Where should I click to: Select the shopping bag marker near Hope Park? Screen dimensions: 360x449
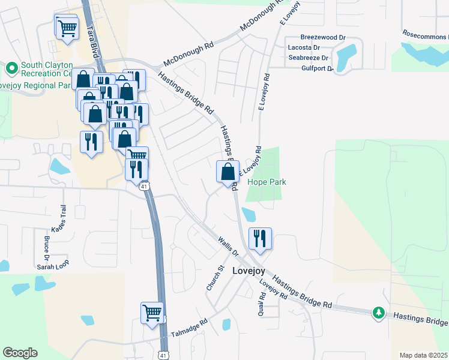(x=228, y=172)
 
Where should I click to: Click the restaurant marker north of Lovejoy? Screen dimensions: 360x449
(x=260, y=239)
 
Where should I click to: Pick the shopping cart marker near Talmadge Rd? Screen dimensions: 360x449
(x=152, y=313)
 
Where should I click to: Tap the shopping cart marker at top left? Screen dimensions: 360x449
(x=67, y=27)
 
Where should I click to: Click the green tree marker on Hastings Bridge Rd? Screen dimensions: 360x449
(x=379, y=313)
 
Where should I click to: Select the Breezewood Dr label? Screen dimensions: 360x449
(x=323, y=37)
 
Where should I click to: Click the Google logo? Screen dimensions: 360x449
(x=20, y=353)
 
